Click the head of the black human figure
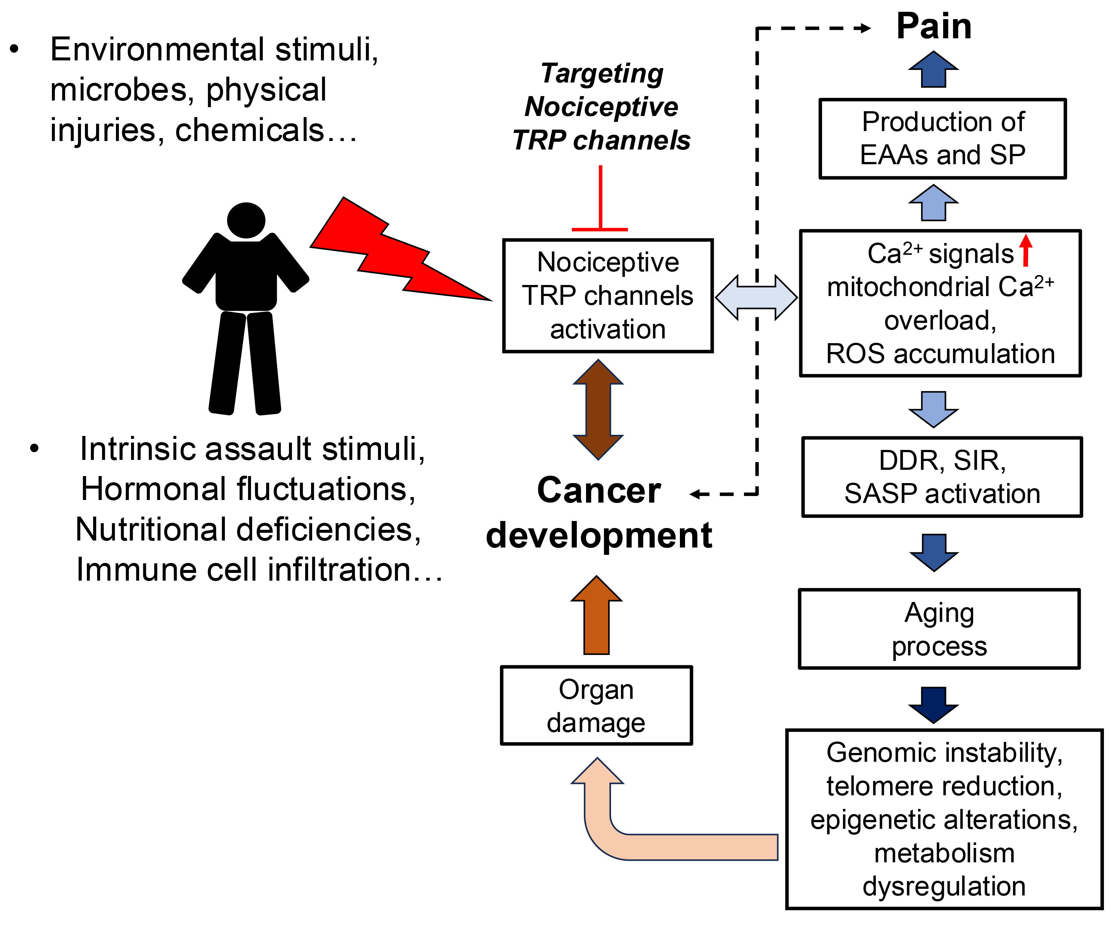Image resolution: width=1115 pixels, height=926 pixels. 246,220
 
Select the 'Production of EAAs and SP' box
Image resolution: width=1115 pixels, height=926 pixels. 942,138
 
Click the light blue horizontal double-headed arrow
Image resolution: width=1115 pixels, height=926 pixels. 756,297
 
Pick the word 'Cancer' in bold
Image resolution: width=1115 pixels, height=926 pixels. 599,490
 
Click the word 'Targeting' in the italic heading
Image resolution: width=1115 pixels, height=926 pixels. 602,73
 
